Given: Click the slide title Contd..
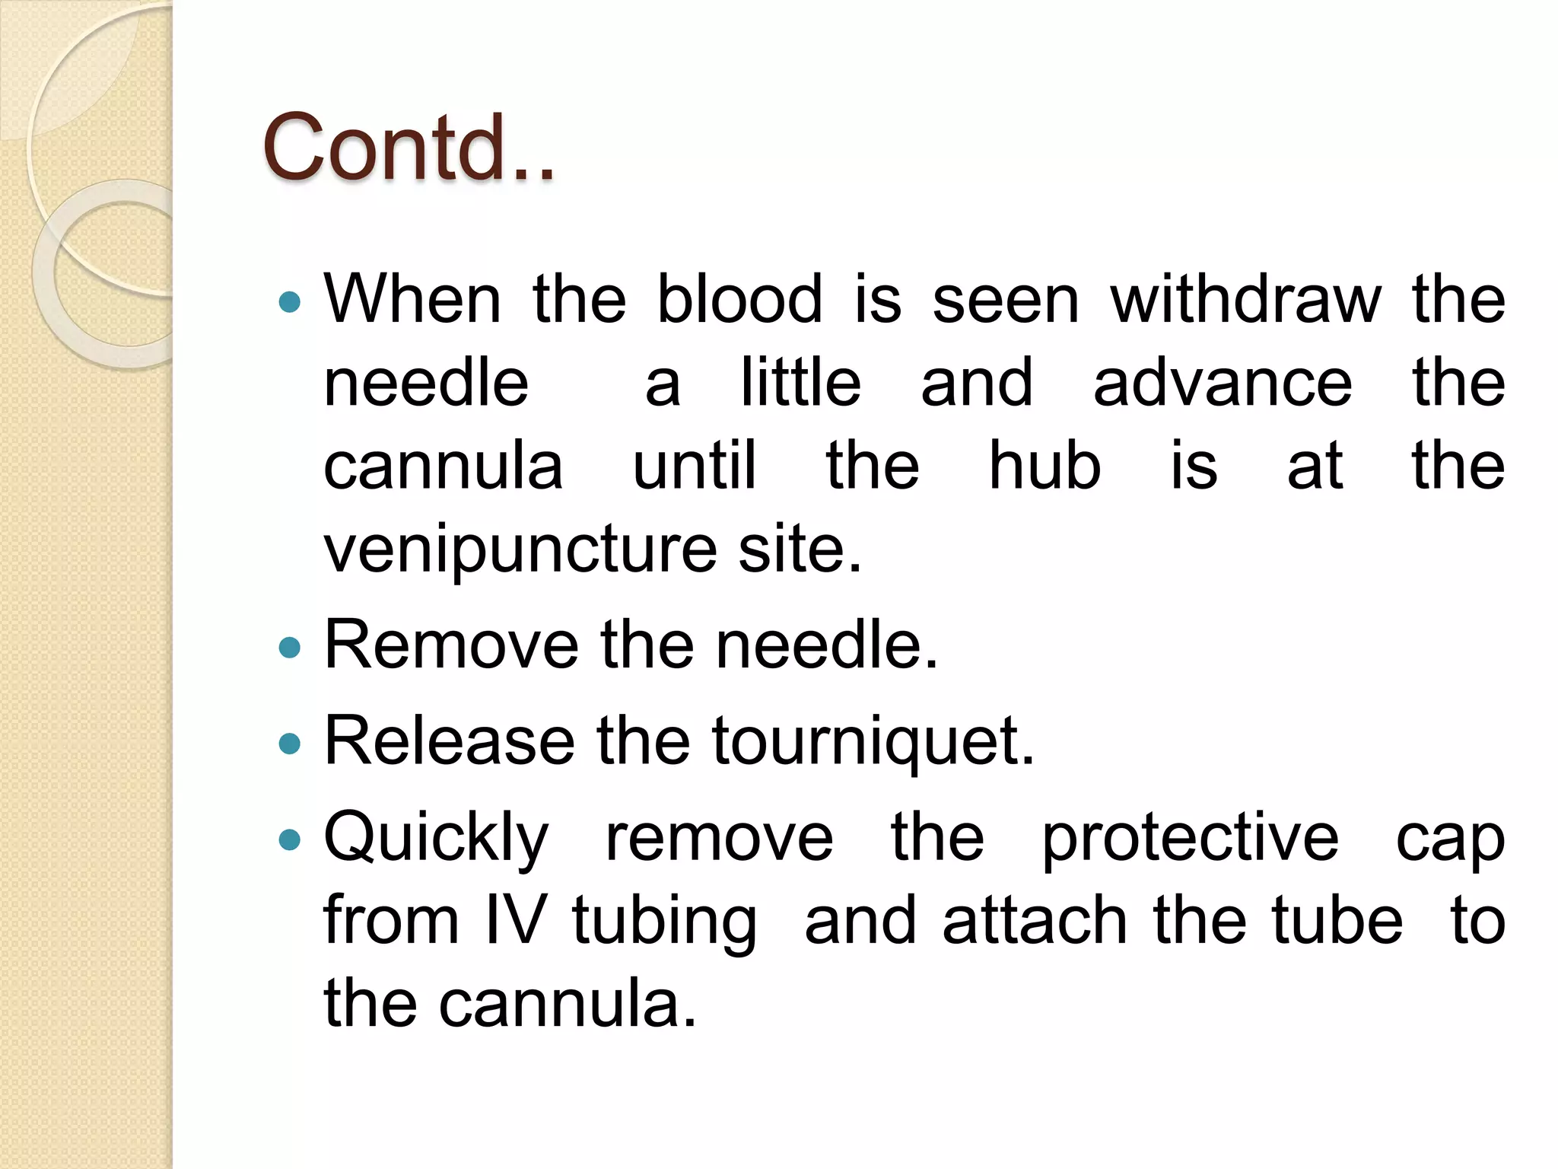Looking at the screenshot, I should [409, 148].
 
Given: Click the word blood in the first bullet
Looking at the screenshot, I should [739, 299].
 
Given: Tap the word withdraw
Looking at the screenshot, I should [1245, 299].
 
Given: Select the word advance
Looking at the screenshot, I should [1223, 383].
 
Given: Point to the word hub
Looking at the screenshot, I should [1044, 466].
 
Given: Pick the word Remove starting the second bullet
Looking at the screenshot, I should [451, 645].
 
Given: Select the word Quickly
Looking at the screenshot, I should [436, 839].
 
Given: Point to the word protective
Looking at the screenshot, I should [1190, 839].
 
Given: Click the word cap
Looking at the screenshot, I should [1450, 842].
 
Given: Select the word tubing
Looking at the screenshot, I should [664, 924].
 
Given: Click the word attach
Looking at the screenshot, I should [1034, 921].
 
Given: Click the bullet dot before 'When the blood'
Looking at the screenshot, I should [290, 303].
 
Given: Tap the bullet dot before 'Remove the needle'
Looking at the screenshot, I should [290, 648].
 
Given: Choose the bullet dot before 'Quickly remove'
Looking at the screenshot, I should [290, 840].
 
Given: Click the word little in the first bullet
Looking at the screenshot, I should [800, 383].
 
